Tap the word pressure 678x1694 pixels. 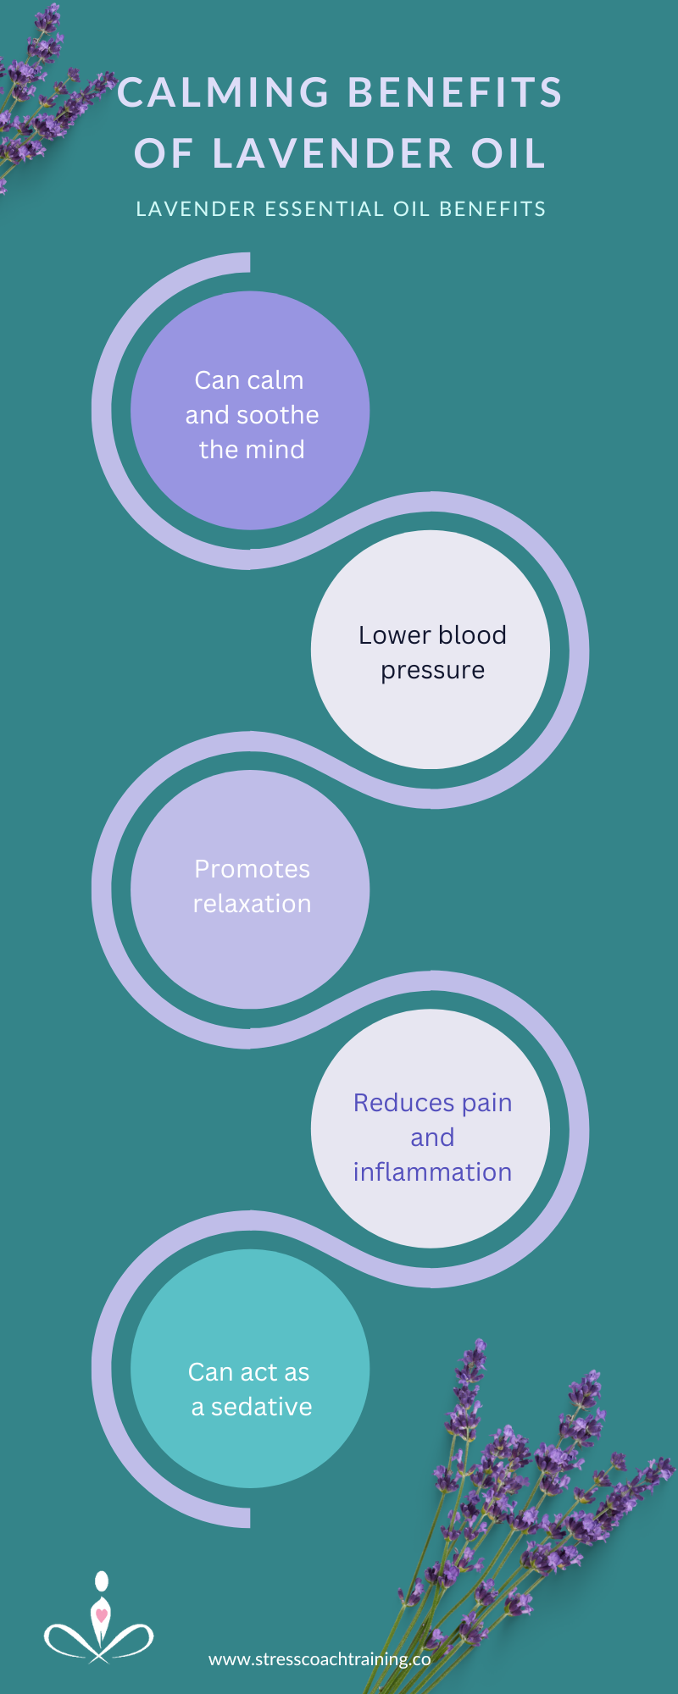[x=432, y=671]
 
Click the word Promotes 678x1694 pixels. [x=252, y=869]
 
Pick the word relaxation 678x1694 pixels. [x=252, y=904]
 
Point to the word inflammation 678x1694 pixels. [x=432, y=1171]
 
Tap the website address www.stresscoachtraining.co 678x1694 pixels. [x=320, y=1659]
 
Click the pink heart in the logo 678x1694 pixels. [x=102, y=1614]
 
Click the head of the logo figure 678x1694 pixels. [x=102, y=1581]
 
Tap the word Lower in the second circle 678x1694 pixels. [x=393, y=634]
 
